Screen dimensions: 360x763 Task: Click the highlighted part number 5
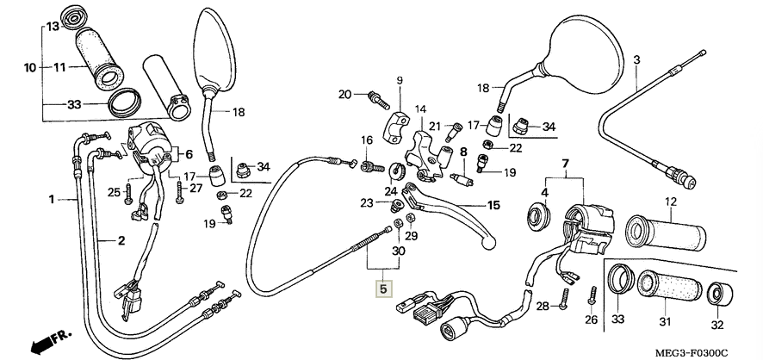(x=383, y=289)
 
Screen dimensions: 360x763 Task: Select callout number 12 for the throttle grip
(x=667, y=203)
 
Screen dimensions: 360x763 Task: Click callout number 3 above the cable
(x=636, y=59)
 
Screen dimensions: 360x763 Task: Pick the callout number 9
(x=400, y=81)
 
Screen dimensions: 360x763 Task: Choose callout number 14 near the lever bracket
(x=421, y=109)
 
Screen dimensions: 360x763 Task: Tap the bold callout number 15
(x=493, y=206)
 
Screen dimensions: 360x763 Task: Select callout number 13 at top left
(x=52, y=27)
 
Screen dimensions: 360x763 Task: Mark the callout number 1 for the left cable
(x=52, y=199)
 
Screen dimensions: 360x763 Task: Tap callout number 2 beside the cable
(x=121, y=241)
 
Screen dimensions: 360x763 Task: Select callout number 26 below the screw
(x=591, y=321)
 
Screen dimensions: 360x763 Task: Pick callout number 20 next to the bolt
(x=344, y=94)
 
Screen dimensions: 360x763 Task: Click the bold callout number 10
(x=29, y=67)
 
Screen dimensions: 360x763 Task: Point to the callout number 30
(x=397, y=251)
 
